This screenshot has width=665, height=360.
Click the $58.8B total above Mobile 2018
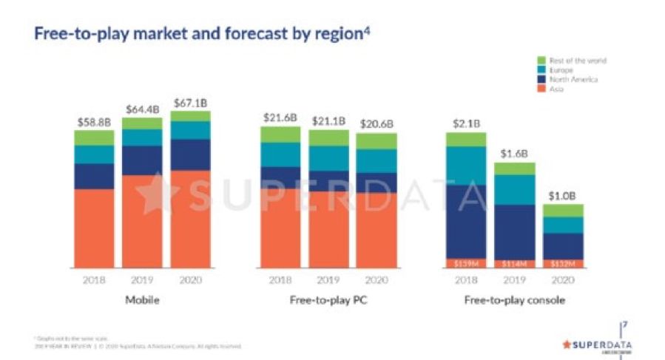coord(94,120)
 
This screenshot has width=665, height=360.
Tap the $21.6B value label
coord(280,117)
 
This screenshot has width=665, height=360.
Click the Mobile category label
coord(142,301)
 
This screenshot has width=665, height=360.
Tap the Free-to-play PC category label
coord(328,301)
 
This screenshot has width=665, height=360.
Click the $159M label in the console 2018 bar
coord(466,263)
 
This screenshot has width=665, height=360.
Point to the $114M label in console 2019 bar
coord(514,263)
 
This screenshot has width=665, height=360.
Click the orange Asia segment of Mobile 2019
coord(142,222)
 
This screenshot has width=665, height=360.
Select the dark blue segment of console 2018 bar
coord(466,222)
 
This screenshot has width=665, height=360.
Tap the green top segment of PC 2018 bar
coord(280,135)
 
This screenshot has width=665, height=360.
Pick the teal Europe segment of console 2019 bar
coord(514,190)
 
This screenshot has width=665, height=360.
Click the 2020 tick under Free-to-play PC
coord(376,280)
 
